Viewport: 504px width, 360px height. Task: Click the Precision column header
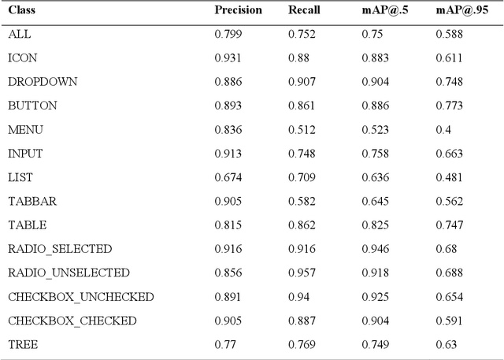(239, 11)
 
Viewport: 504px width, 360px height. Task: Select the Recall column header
(304, 11)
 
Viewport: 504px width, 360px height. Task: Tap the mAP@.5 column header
(382, 11)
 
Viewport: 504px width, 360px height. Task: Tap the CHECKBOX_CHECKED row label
(72, 321)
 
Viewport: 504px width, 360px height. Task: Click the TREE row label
(23, 344)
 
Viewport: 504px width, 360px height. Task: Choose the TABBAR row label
(32, 201)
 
